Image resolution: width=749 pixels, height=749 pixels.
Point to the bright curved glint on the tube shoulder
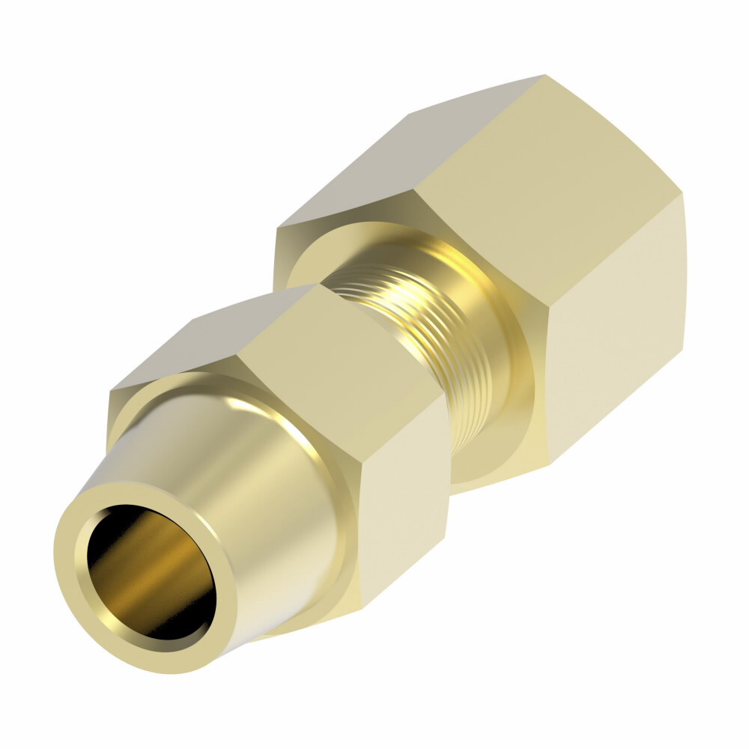click(x=247, y=408)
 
